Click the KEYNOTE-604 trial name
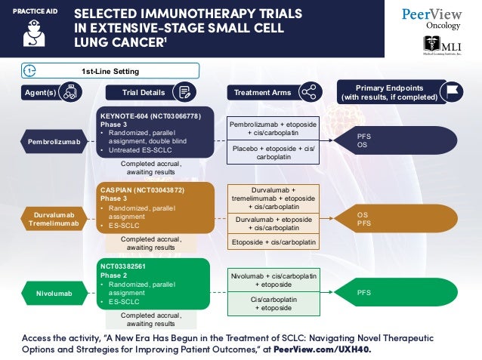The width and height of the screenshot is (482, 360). point(150,116)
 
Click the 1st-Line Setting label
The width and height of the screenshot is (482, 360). point(110,71)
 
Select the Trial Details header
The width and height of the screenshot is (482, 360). point(144,93)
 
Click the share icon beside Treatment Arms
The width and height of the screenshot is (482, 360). point(307,93)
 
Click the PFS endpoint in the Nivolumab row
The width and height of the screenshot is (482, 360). point(363,291)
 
